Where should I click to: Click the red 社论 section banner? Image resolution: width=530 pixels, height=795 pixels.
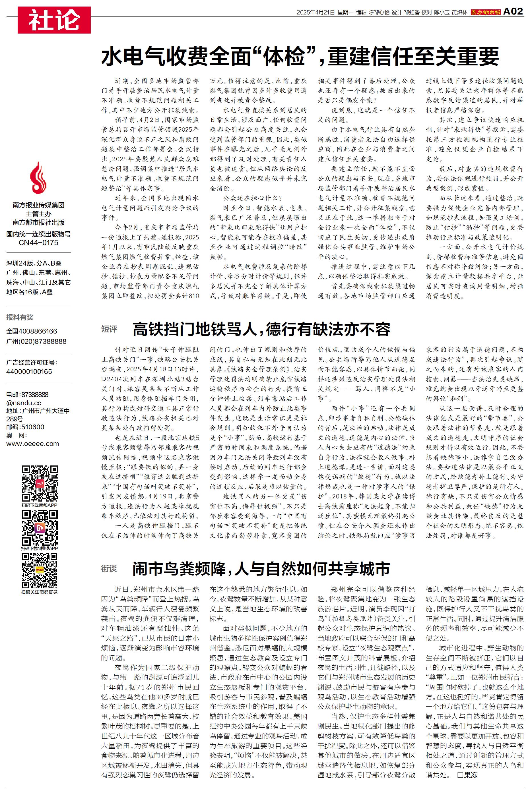click(54, 20)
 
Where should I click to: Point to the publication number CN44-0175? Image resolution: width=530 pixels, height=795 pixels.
click(38, 243)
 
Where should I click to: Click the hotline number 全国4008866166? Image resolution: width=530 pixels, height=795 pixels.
click(32, 331)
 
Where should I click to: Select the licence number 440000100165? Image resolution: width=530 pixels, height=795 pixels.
click(29, 372)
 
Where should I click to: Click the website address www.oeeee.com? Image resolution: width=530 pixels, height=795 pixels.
click(32, 444)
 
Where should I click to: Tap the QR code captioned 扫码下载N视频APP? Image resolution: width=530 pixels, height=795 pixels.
click(40, 528)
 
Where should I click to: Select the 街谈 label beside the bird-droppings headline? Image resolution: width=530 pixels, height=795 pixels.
click(109, 569)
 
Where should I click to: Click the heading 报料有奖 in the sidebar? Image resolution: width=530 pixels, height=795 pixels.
click(20, 317)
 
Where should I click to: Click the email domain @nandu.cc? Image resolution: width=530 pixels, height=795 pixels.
click(24, 403)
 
